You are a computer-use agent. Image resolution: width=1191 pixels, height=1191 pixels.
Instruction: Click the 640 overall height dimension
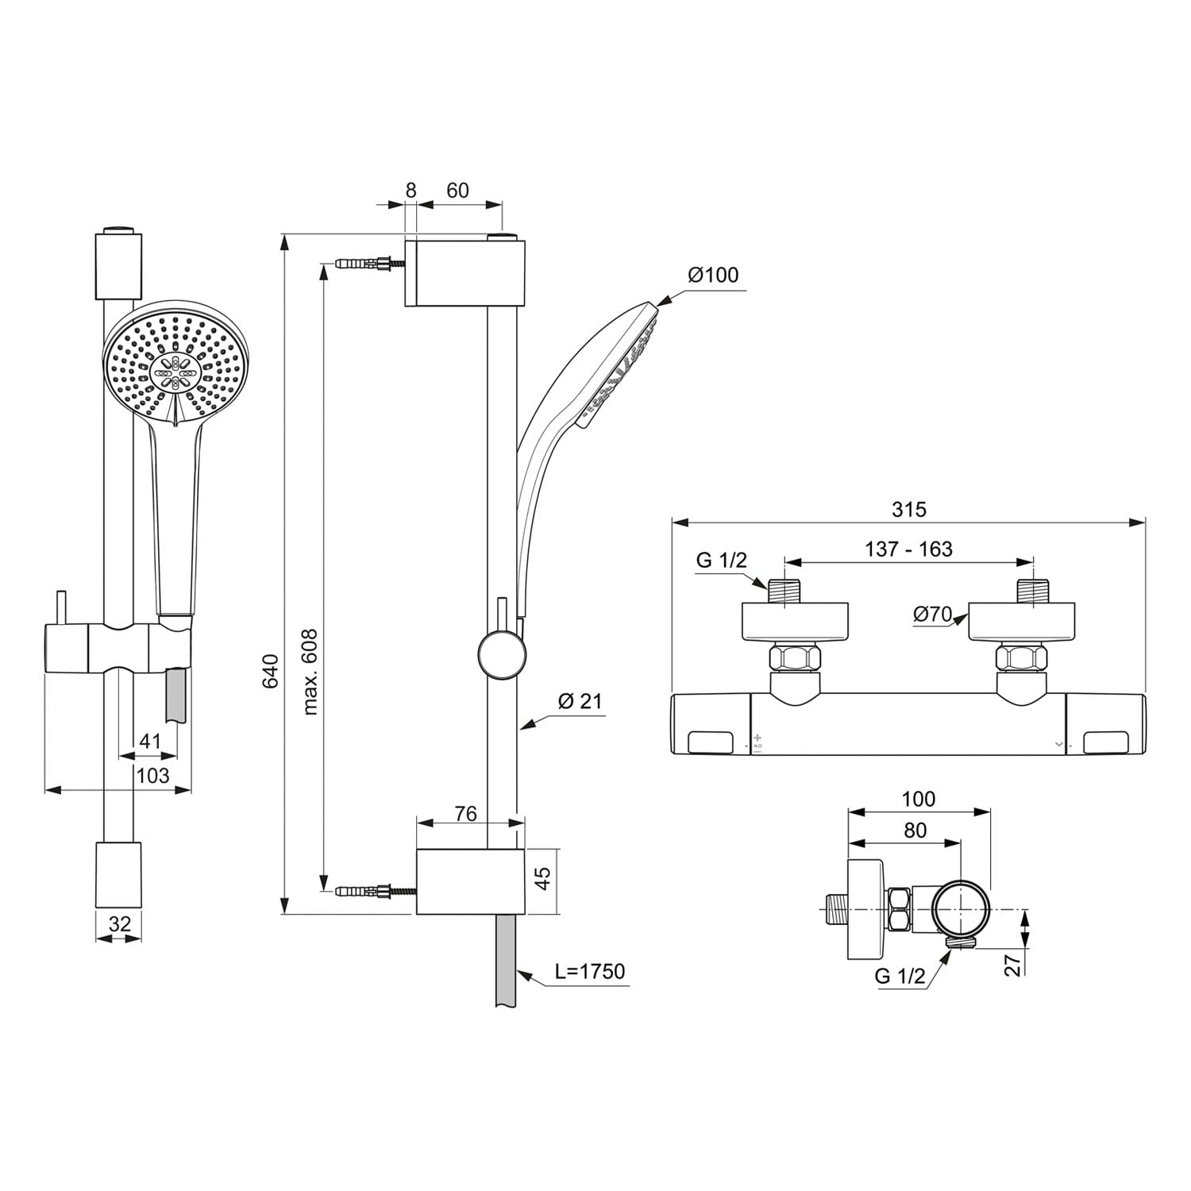tap(271, 671)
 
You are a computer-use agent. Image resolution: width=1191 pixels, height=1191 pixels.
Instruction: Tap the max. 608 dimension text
tap(310, 671)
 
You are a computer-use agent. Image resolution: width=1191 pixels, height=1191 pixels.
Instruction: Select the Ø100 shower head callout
tap(712, 276)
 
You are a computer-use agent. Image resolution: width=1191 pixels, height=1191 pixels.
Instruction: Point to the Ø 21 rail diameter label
tap(580, 701)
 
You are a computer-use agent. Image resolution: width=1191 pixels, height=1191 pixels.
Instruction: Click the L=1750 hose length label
tap(589, 971)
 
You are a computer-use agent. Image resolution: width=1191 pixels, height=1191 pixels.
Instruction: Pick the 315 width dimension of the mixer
tap(908, 509)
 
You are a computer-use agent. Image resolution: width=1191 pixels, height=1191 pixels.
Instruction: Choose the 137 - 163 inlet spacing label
tap(908, 549)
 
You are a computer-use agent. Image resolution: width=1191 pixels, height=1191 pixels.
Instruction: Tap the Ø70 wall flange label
tap(932, 614)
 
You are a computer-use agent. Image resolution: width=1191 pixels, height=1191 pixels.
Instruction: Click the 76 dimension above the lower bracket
tap(465, 814)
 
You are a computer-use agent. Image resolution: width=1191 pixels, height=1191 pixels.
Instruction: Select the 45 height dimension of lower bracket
tap(542, 878)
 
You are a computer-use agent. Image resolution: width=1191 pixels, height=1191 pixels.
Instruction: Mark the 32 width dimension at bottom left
tap(119, 924)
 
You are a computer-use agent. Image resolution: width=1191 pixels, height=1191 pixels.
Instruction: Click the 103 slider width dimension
tap(152, 775)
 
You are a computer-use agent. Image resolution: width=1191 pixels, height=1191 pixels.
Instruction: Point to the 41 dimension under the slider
tap(150, 742)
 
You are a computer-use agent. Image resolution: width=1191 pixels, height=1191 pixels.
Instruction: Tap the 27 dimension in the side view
tap(1013, 964)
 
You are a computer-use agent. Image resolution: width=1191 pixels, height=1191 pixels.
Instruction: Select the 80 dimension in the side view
tap(915, 830)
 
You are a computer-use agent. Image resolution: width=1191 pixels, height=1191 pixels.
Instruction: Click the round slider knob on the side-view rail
tap(502, 655)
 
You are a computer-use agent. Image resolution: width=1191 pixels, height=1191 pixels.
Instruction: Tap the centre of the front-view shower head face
tap(175, 370)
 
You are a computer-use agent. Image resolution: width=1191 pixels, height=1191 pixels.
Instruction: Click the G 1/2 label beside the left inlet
tap(721, 560)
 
